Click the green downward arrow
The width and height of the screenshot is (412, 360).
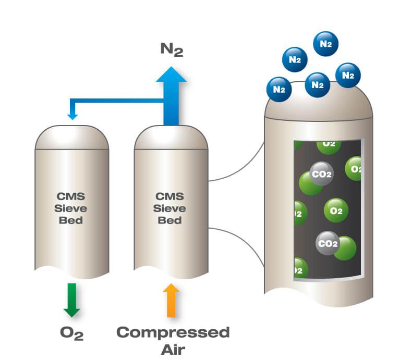71,299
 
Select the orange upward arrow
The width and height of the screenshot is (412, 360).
171,300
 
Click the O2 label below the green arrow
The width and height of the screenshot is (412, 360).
71,333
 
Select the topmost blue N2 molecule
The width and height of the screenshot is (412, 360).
326,44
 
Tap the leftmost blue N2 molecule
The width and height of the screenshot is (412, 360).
280,89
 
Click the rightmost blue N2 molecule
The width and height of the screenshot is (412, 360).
348,76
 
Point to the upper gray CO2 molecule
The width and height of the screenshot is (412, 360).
321,174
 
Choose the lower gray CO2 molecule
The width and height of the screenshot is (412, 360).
328,243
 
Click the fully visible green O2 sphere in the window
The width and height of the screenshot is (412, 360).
336,211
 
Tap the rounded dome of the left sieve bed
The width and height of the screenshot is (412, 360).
72,138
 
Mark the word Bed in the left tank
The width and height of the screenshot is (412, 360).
71,220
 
